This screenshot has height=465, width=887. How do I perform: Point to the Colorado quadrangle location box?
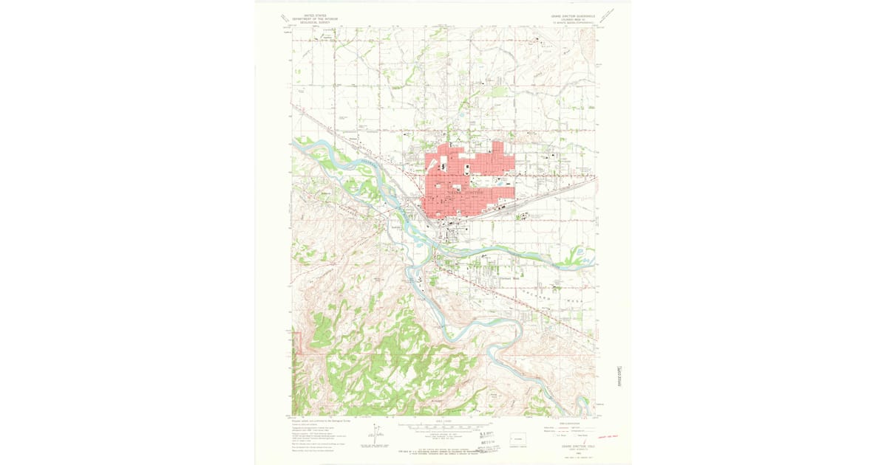click(521, 437)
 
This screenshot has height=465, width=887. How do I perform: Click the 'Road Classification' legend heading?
click(569, 423)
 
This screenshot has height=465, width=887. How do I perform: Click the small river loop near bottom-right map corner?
click(585, 405)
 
